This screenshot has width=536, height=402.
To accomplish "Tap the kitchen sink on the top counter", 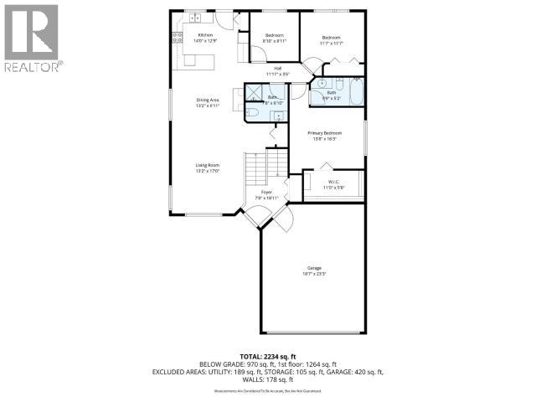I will coord(194,18).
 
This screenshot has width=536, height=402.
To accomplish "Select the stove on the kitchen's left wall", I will coord(178,37).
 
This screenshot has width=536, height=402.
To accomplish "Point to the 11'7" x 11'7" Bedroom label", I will coord(332,39).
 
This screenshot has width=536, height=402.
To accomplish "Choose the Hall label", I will coord(277,72).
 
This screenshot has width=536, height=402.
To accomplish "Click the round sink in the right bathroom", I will coord(321,84).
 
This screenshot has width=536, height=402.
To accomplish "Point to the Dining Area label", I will coord(207,103).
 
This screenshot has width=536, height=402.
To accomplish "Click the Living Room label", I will coord(207,167).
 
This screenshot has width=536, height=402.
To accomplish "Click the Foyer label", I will coord(267,195).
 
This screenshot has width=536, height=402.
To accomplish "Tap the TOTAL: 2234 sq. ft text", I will coord(268,355).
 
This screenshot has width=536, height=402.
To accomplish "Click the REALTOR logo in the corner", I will coord(31,37).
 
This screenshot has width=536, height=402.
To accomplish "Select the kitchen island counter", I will coord(199,60).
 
